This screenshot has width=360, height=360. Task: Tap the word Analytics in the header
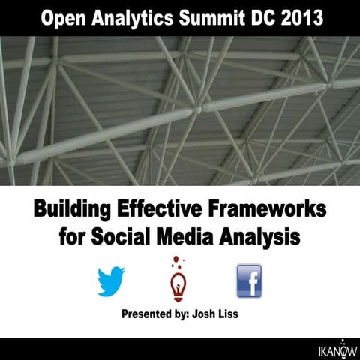pos(132,17)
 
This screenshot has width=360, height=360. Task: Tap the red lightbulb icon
pos(178,285)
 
